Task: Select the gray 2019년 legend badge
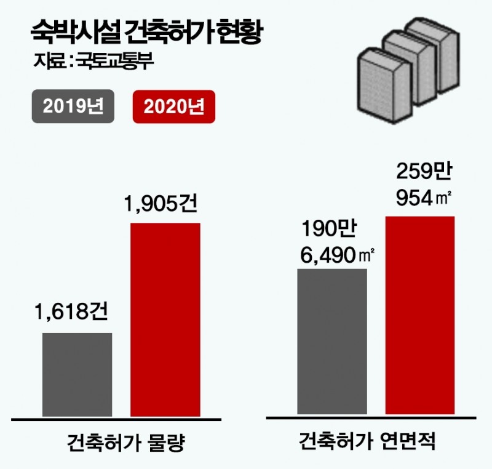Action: tap(73, 108)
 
